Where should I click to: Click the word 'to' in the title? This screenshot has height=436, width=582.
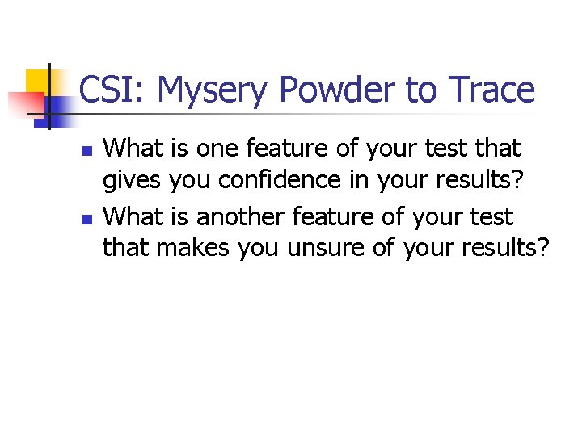pos(420,90)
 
